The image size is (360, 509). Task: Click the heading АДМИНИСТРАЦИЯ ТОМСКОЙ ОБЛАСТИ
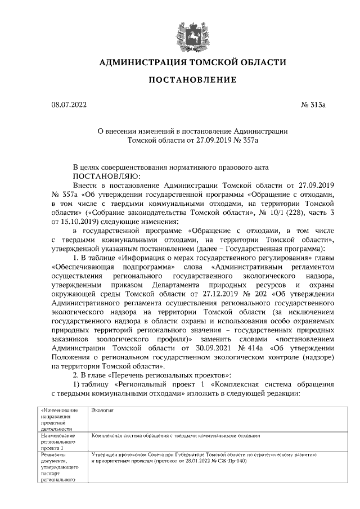coord(188,62)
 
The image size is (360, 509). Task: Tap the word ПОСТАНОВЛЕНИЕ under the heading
coord(188,80)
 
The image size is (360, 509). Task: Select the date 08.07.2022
coord(66,105)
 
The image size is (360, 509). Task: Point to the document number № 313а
coord(314,105)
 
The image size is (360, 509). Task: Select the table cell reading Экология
coord(103,411)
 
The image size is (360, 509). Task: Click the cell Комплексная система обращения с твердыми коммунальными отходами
coord(175,435)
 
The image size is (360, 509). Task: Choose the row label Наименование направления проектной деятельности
coord(58,420)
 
